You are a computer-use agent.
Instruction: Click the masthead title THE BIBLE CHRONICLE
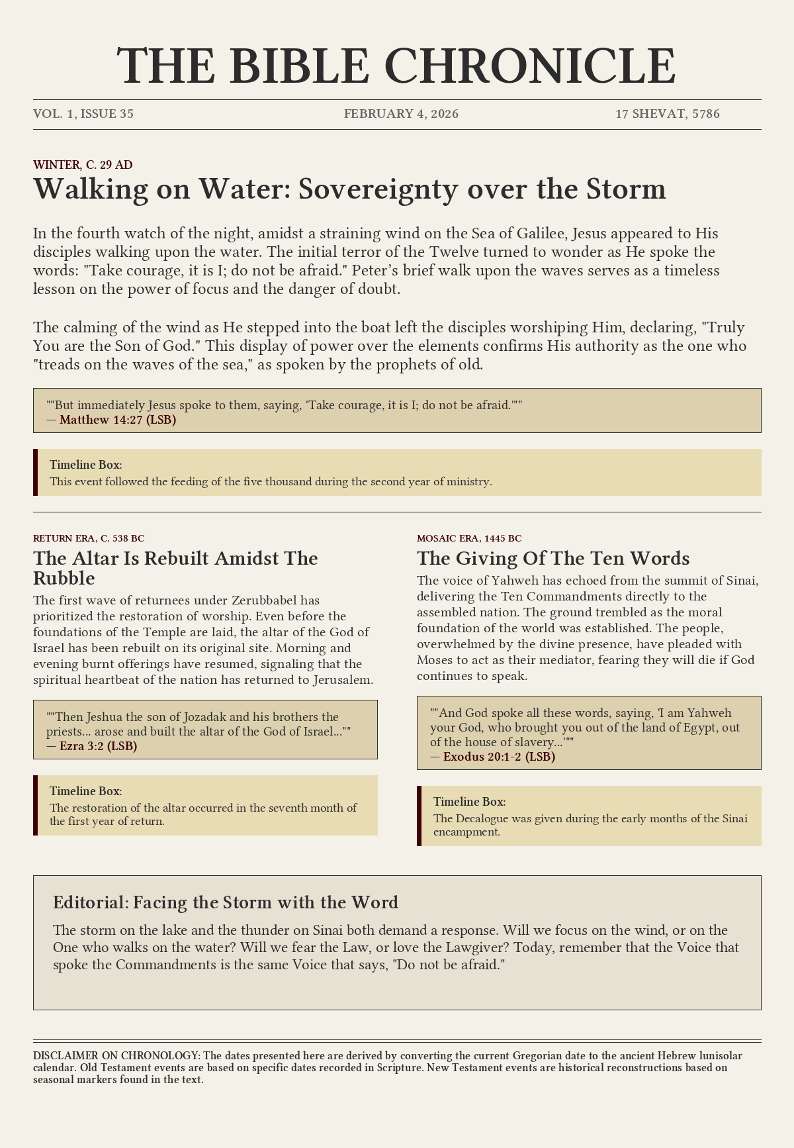[x=396, y=66]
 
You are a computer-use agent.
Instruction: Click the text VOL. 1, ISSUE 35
[x=83, y=114]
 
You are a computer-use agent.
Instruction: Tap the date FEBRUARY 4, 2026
[x=401, y=114]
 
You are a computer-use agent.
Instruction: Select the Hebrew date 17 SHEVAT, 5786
[x=668, y=114]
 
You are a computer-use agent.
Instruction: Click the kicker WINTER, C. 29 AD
[x=83, y=165]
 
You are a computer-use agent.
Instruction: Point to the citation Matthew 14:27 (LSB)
[x=118, y=420]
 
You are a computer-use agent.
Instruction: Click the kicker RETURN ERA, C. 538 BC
[x=89, y=538]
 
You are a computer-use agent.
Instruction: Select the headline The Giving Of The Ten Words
[x=553, y=558]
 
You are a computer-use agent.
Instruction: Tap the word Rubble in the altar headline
[x=64, y=578]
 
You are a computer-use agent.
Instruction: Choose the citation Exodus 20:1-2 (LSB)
[x=499, y=757]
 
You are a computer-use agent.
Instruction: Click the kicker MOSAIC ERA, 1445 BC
[x=468, y=538]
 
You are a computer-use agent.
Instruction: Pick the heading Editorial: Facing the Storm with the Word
[x=226, y=902]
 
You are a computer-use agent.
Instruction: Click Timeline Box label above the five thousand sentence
[x=85, y=465]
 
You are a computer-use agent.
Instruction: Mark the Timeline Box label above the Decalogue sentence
[x=469, y=802]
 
